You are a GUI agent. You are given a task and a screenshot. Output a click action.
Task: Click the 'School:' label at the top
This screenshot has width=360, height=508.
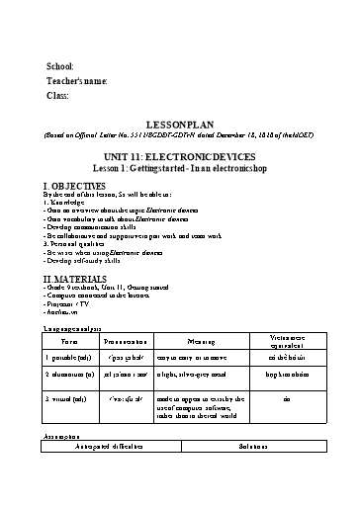coord(60,65)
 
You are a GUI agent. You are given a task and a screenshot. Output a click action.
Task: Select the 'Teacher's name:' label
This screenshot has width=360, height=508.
coord(76,80)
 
